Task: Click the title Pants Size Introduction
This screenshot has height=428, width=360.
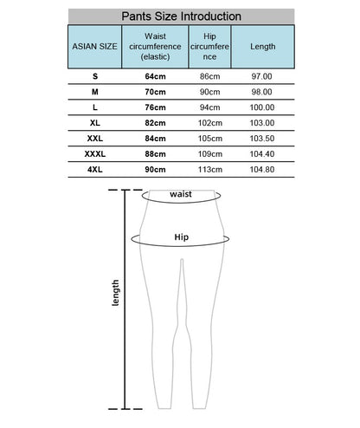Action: (181, 16)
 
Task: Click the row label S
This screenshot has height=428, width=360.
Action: (94, 76)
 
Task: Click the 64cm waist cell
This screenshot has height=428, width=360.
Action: (156, 76)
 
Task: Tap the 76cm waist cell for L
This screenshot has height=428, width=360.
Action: (156, 107)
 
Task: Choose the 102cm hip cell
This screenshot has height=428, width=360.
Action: (210, 123)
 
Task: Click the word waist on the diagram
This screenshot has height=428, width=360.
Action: (181, 195)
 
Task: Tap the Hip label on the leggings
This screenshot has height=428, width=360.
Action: (181, 236)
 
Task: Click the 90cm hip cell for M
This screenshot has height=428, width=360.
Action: (210, 92)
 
